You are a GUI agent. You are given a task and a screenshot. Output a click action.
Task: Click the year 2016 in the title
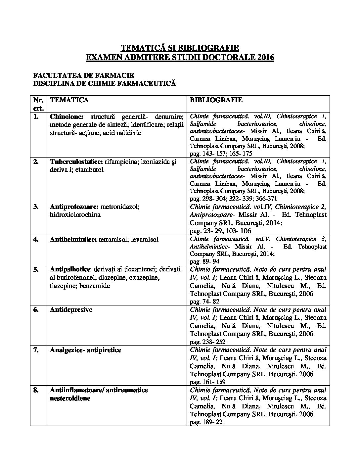point(264,57)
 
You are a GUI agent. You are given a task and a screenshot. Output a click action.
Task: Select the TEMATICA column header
point(69,100)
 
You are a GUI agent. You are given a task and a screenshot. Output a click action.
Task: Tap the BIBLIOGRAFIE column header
point(216,100)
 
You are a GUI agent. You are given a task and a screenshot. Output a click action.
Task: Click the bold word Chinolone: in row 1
point(67,117)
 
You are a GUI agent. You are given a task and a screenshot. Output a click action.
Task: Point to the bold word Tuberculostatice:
point(76,162)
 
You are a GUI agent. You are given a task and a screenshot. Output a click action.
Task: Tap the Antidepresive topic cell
point(71,310)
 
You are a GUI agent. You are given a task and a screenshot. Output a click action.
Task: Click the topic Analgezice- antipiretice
point(85,350)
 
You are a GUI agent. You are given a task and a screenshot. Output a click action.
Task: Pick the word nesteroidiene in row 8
point(70,398)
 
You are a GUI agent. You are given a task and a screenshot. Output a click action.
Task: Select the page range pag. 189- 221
point(207,422)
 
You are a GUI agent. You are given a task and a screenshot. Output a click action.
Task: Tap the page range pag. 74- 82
point(204,302)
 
